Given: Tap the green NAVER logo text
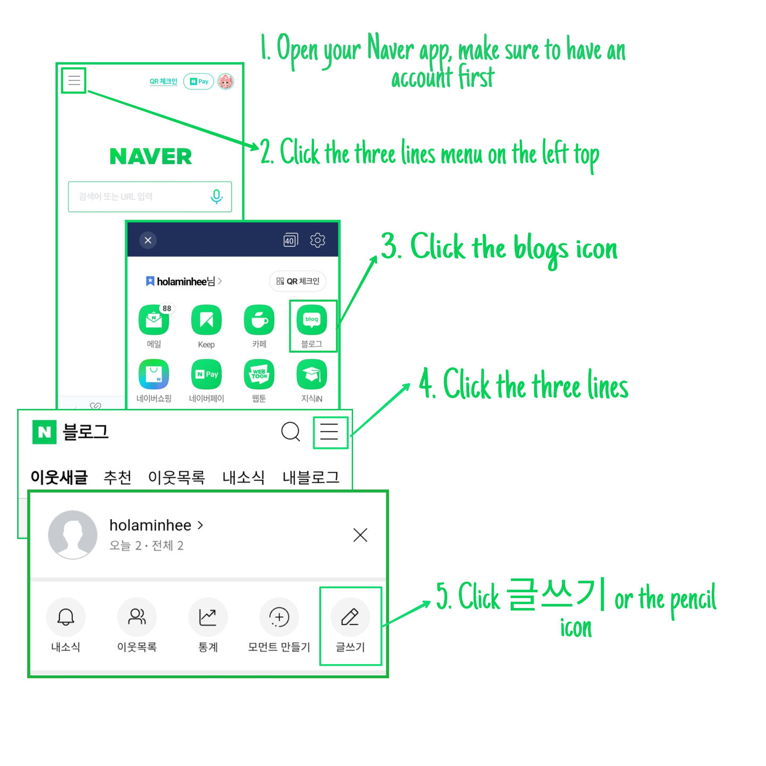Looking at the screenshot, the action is pyautogui.click(x=150, y=156).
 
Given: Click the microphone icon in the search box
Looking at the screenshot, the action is pyautogui.click(x=217, y=196).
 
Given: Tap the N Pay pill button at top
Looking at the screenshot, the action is pyautogui.click(x=198, y=81).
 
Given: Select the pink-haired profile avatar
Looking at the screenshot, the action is pyautogui.click(x=226, y=81).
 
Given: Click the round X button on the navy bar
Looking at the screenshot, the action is pyautogui.click(x=148, y=240).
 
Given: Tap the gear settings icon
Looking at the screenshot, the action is pyautogui.click(x=317, y=240).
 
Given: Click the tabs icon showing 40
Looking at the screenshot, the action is pyautogui.click(x=290, y=240).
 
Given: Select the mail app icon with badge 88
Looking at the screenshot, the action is pyautogui.click(x=154, y=320).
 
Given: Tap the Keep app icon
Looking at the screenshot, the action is pyautogui.click(x=206, y=320).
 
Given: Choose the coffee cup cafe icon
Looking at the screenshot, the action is pyautogui.click(x=259, y=320).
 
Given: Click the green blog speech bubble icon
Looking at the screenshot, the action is pyautogui.click(x=312, y=320).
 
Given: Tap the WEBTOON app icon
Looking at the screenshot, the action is pyautogui.click(x=259, y=374).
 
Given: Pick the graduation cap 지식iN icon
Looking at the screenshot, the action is pyautogui.click(x=312, y=374).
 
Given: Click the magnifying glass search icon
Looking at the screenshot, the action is pyautogui.click(x=290, y=431).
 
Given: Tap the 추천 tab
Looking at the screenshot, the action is pyautogui.click(x=117, y=477).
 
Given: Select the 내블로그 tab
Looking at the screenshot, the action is pyautogui.click(x=311, y=477).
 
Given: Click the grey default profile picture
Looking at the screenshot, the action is pyautogui.click(x=72, y=534).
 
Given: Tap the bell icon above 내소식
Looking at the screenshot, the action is pyautogui.click(x=65, y=617).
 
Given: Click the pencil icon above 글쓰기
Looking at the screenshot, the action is pyautogui.click(x=350, y=617).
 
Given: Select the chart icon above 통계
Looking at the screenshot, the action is pyautogui.click(x=207, y=617).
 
